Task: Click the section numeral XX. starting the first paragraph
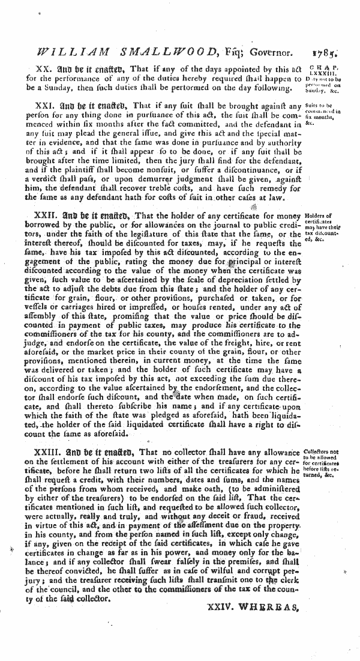pyautogui.click(x=46, y=70)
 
